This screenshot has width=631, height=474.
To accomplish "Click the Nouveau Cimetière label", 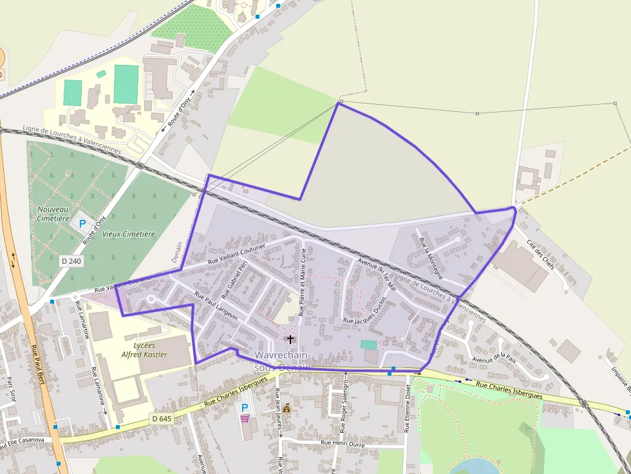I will coord(53,214).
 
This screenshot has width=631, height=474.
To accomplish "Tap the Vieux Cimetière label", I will coord(129,234).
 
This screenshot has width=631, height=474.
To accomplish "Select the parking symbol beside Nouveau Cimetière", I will coord(82,224).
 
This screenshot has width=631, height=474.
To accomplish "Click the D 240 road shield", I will coord(71,261).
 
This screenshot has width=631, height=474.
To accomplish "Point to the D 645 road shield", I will coord(163,419).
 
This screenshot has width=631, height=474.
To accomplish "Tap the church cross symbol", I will coord(290,339).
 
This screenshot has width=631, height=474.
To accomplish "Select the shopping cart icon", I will coord(245,418).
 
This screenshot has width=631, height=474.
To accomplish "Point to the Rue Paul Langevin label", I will coord(216,306).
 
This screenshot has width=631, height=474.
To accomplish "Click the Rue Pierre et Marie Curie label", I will coord(301,284).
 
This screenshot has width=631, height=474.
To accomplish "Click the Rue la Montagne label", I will coord(431,258).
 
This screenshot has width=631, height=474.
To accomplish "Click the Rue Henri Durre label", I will coord(343,444).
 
